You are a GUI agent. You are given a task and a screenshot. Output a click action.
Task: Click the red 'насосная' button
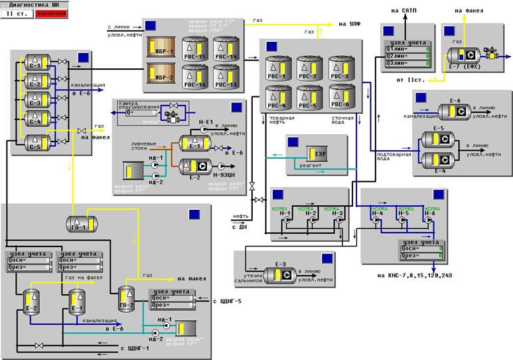tap(51, 13)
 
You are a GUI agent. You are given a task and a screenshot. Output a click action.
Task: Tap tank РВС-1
tap(278, 68)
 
